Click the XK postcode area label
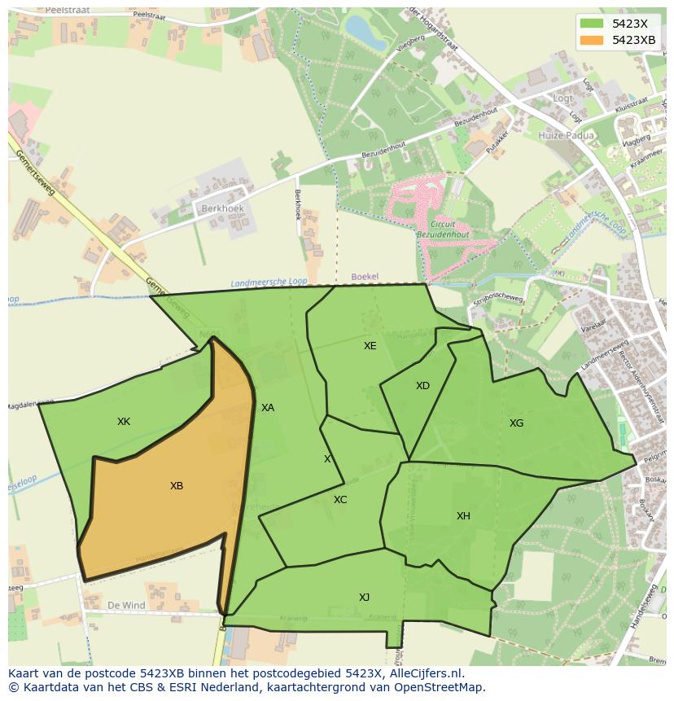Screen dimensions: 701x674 [x=124, y=422]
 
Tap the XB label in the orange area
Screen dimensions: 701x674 [x=177, y=486]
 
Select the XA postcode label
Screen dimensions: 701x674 [x=268, y=408]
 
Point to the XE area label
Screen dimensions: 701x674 [x=370, y=346]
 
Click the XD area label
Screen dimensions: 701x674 [x=422, y=386]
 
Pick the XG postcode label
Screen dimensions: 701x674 [x=516, y=423]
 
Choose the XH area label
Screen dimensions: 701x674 [x=463, y=516]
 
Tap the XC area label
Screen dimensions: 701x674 [x=340, y=500]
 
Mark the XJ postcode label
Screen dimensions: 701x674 [x=364, y=598]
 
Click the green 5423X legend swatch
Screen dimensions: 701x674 [x=592, y=24]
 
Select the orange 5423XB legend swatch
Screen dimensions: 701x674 [x=592, y=40]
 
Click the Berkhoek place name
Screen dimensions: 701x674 [x=222, y=208]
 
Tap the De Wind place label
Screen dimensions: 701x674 [x=126, y=606]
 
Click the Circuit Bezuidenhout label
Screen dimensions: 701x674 [x=444, y=228]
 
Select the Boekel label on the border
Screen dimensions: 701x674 [x=365, y=277]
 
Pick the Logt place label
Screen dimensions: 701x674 [x=563, y=99]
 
